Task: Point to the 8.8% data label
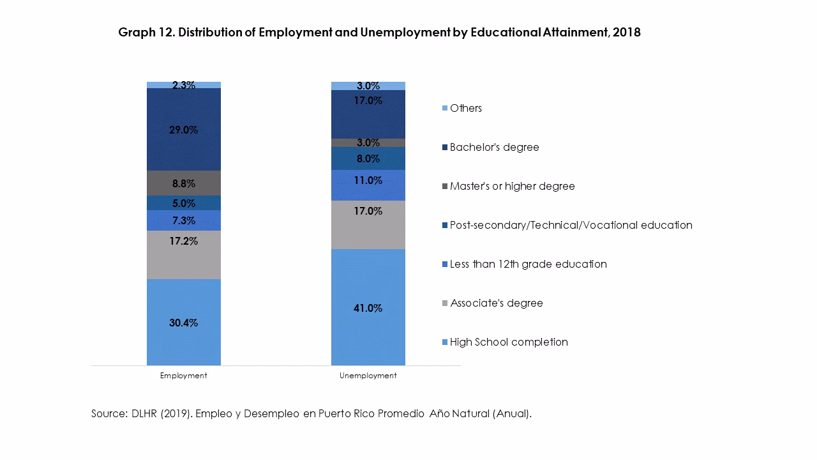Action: (x=183, y=183)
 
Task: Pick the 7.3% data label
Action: (x=183, y=220)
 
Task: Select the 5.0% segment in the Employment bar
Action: (x=183, y=203)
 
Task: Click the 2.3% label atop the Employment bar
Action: (x=183, y=85)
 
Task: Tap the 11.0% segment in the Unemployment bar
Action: (x=368, y=185)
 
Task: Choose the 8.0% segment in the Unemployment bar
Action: (x=368, y=158)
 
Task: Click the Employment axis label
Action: (x=183, y=376)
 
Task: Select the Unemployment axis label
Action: (x=368, y=376)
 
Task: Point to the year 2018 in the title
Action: (x=626, y=33)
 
